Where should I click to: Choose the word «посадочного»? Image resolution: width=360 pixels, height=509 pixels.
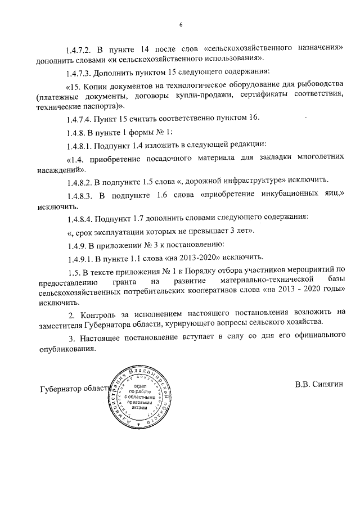[188, 159]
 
